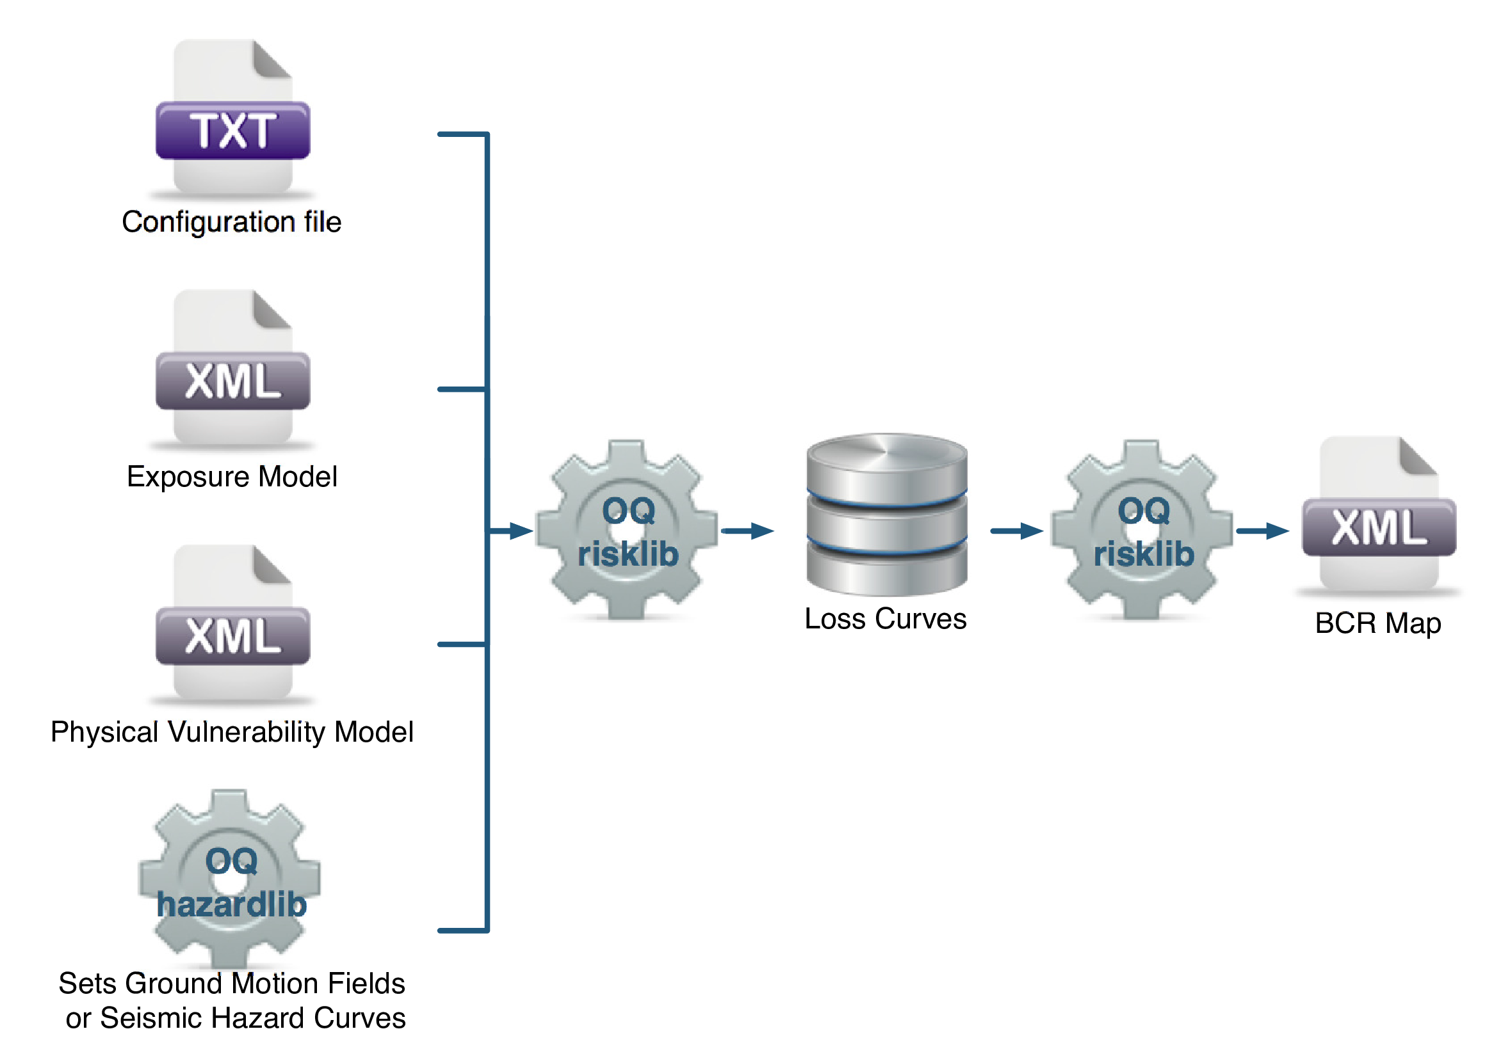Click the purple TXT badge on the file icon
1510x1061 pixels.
[232, 130]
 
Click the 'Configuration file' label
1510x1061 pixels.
[232, 222]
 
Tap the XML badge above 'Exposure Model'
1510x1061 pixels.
[232, 381]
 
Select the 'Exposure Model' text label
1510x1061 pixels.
[232, 477]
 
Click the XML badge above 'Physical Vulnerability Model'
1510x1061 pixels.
[232, 635]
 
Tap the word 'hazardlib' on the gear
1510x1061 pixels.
[232, 905]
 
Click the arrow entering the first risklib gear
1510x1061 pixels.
[513, 530]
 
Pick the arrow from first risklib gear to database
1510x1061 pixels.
[748, 530]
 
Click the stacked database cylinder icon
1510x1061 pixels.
[886, 513]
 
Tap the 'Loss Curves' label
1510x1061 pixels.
[885, 619]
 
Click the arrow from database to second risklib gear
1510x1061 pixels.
[1017, 530]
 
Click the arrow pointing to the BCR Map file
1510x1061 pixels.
[1262, 530]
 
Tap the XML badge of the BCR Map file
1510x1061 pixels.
[1379, 527]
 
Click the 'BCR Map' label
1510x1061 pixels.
[1378, 623]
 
